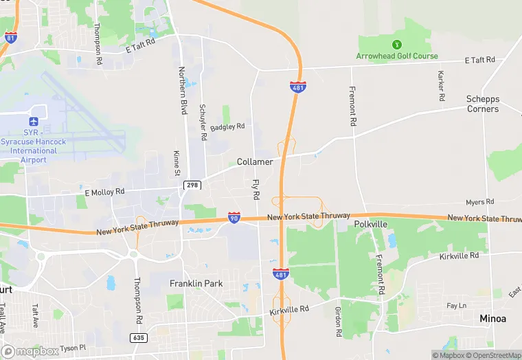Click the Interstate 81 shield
[x=10, y=36]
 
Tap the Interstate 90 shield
[x=234, y=218]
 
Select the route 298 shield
[x=192, y=185]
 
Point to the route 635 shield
[x=139, y=338]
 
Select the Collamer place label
[x=255, y=162]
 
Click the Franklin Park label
[x=196, y=283]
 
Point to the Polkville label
[x=372, y=225]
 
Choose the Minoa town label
[x=494, y=319]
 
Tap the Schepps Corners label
[x=483, y=104]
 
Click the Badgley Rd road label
[x=227, y=126]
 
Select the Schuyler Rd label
[x=203, y=122]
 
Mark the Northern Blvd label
[x=183, y=90]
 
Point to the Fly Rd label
[x=256, y=190]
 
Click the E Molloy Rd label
[x=104, y=192]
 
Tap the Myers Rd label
[x=479, y=202]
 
